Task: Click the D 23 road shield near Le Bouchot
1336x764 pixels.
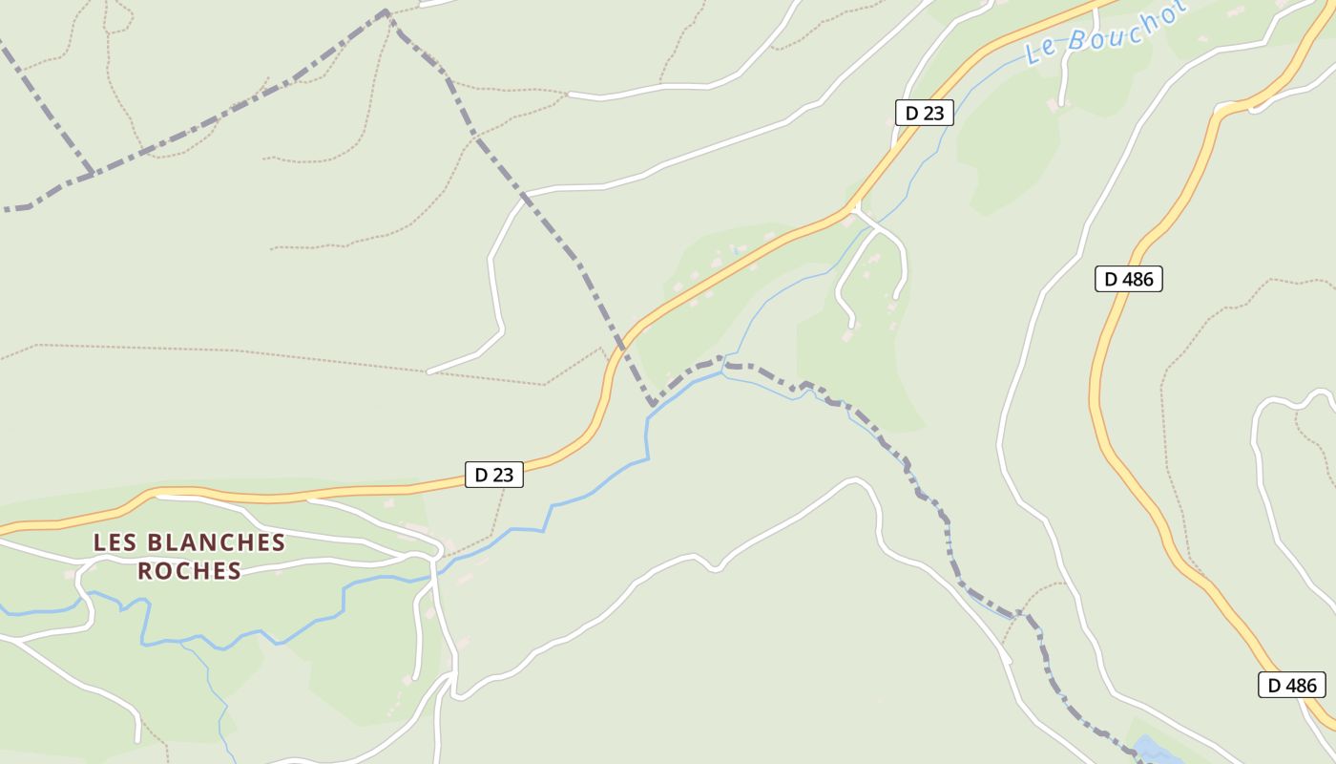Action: click(924, 113)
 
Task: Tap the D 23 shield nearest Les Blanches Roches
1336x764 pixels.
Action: click(494, 475)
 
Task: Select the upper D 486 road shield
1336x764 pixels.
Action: click(1128, 279)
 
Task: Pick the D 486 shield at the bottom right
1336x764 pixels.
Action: click(1291, 685)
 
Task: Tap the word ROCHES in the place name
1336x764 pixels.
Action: click(189, 571)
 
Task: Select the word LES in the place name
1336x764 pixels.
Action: click(112, 542)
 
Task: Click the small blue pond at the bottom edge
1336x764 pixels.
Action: click(1152, 751)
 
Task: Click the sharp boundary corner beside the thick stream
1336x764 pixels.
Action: click(654, 405)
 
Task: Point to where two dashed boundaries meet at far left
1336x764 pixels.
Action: click(91, 173)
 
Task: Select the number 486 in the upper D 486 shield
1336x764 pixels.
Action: click(1138, 279)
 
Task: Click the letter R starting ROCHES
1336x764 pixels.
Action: click(145, 571)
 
